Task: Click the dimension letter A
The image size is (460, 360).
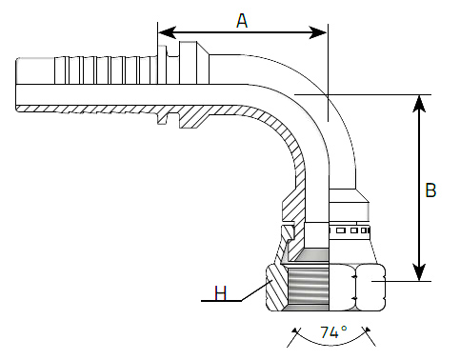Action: pyautogui.click(x=242, y=21)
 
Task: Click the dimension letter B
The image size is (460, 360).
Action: pyautogui.click(x=430, y=190)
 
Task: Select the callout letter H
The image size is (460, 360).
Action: pyautogui.click(x=221, y=292)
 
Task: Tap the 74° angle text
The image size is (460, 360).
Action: pyautogui.click(x=333, y=332)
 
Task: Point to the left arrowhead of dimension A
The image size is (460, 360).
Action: pyautogui.click(x=167, y=32)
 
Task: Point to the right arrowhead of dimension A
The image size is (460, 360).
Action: pyautogui.click(x=318, y=32)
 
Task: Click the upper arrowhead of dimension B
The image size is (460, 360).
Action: pyautogui.click(x=419, y=104)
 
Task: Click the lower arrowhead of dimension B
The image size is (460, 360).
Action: pyautogui.click(x=419, y=271)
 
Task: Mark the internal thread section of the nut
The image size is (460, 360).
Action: pyautogui.click(x=309, y=288)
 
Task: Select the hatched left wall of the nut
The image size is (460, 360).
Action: pyautogui.click(x=276, y=289)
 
